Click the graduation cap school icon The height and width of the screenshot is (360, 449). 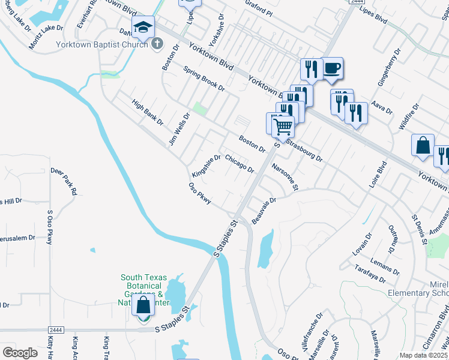pos(143,27)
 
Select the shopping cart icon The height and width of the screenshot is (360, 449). pos(283,126)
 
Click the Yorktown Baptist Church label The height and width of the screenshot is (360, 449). pos(110,44)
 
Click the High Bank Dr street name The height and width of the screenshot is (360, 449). pos(148,112)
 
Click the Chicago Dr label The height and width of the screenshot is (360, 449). pos(239,163)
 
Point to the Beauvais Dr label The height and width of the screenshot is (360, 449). pos(264,211)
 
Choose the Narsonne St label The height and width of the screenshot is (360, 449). pos(285,176)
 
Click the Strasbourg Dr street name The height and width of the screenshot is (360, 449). pos(304,151)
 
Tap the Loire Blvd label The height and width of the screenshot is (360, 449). pos(378,175)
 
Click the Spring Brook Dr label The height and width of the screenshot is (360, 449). pos(204,79)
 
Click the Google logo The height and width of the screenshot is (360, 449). pos(20,353)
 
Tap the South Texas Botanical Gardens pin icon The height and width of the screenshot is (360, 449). pos(143,306)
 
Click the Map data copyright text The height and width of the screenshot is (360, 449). pos(424,355)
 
